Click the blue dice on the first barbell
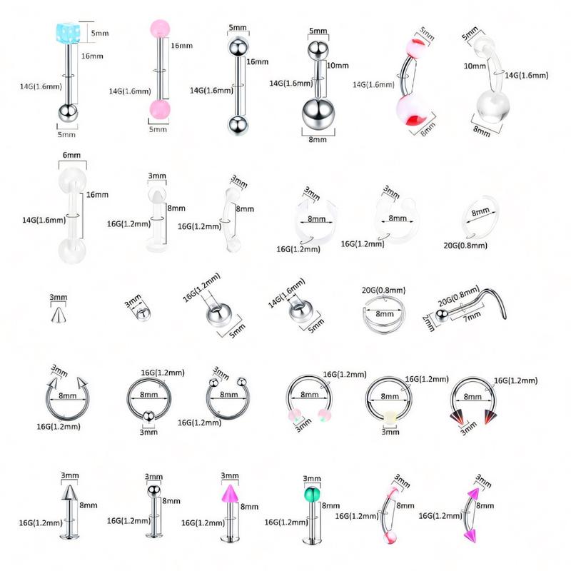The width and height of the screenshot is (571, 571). point(65,33)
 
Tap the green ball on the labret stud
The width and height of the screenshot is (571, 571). point(312,495)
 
